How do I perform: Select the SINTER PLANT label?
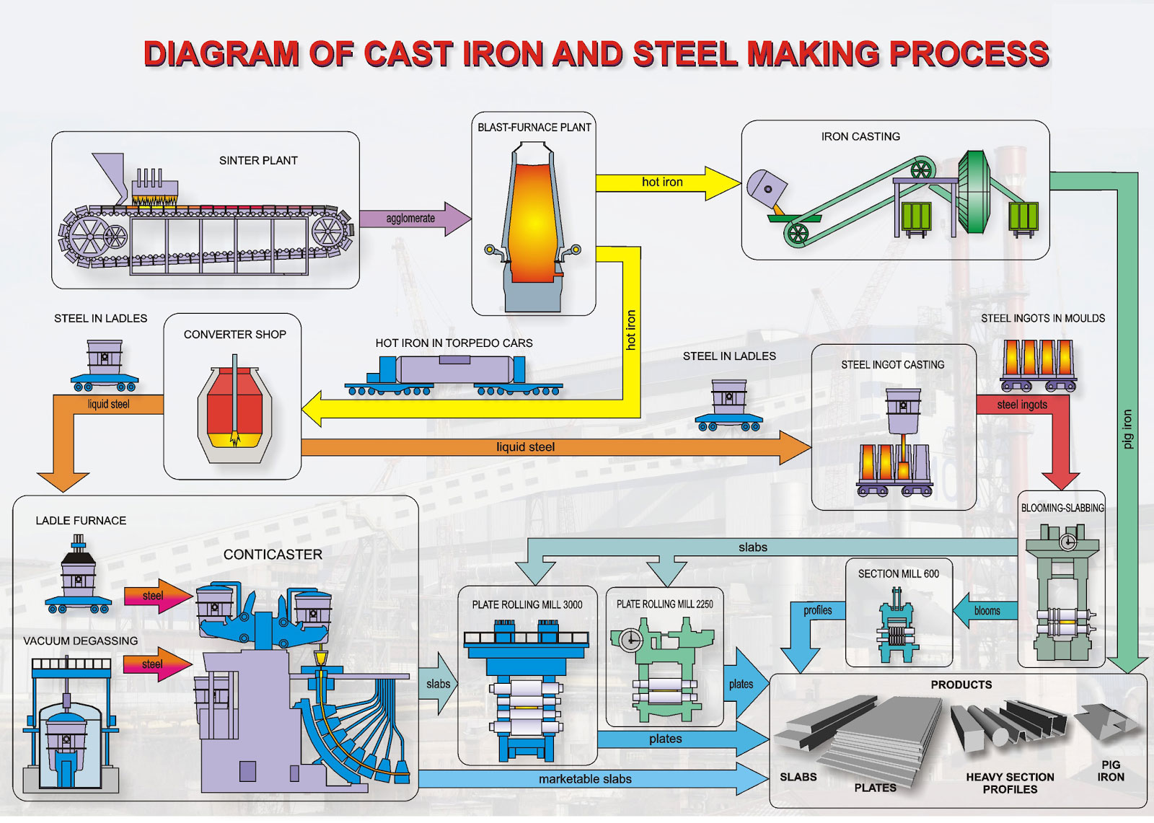258,161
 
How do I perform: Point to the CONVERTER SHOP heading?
234,335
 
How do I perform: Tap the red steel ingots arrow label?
1022,405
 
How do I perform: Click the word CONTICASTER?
273,555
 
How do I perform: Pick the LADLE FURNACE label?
81,521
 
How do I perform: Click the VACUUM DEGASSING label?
80,641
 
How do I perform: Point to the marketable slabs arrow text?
585,779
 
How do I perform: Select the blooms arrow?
986,611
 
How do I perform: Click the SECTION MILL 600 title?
898,574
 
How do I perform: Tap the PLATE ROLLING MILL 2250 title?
664,604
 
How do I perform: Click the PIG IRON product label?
1111,771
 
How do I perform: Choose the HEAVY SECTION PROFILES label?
1010,783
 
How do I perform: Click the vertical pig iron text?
1128,429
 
